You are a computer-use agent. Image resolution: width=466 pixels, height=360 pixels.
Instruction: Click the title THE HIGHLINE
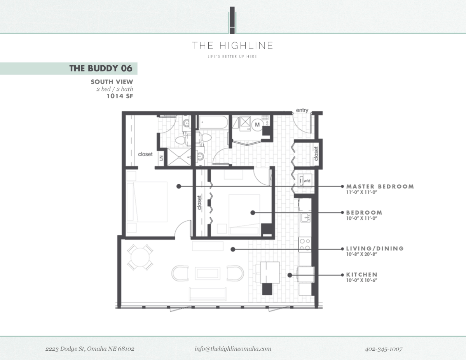pyautogui.click(x=232, y=45)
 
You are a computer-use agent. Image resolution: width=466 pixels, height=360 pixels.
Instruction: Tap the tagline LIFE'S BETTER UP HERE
pyautogui.click(x=232, y=57)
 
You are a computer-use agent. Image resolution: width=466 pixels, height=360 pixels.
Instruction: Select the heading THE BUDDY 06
pyautogui.click(x=101, y=68)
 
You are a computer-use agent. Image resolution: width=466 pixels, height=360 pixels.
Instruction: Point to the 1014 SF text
pyautogui.click(x=120, y=96)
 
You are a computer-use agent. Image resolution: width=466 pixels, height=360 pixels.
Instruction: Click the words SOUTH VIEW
pyautogui.click(x=112, y=82)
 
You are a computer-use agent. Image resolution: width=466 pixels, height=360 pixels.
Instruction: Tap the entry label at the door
pyautogui.click(x=302, y=110)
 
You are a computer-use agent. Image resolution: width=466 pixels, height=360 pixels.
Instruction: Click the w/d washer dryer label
pyautogui.click(x=307, y=181)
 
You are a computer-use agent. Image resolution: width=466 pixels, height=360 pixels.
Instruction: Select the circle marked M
pyautogui.click(x=257, y=125)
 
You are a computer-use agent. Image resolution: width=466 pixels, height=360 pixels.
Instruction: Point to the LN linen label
pyautogui.click(x=161, y=158)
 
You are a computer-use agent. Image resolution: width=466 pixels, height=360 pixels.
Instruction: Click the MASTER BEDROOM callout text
pyautogui.click(x=380, y=187)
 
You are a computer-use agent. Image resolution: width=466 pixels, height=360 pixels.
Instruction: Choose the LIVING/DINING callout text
pyautogui.click(x=375, y=248)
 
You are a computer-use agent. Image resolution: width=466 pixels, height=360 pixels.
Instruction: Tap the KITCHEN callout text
pyautogui.click(x=361, y=274)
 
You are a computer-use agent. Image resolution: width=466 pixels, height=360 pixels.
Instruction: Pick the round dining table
pyautogui.click(x=140, y=257)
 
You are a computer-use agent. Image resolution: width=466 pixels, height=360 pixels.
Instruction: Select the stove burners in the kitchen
pyautogui.click(x=304, y=244)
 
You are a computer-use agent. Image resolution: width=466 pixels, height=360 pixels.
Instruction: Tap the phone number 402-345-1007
pyautogui.click(x=384, y=349)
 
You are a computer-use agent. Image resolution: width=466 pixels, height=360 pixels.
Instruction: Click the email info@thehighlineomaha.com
pyautogui.click(x=233, y=349)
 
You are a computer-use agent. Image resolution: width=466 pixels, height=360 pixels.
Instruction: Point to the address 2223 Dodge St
pyautogui.click(x=90, y=349)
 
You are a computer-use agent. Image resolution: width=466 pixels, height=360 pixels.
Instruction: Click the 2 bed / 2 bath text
pyautogui.click(x=115, y=89)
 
